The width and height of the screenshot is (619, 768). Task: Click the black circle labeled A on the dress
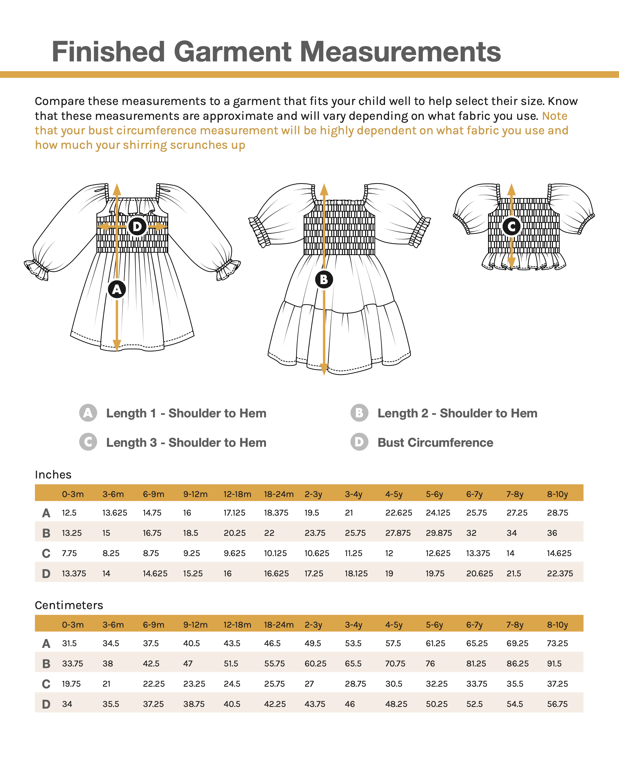[117, 289]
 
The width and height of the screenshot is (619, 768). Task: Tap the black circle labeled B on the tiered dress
[324, 279]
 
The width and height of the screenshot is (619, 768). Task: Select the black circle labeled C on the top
[511, 226]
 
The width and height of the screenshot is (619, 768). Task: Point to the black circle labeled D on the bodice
[137, 226]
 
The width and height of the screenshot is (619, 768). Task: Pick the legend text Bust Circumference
[435, 442]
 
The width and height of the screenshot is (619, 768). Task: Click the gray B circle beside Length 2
[359, 413]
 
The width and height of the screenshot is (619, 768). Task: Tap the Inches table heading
[53, 475]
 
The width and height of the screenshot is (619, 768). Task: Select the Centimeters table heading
[69, 605]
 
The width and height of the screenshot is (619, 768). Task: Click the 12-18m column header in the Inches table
[237, 494]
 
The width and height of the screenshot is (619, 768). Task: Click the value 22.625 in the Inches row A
[398, 513]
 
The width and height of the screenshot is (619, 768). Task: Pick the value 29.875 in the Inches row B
[439, 533]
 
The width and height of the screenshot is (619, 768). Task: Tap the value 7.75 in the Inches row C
[69, 553]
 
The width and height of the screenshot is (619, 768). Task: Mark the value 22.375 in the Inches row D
[560, 574]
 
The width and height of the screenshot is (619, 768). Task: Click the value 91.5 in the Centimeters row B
[554, 664]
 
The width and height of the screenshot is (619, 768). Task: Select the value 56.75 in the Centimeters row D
[557, 704]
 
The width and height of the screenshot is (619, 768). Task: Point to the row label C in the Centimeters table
[46, 684]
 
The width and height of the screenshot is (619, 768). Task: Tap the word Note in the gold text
[555, 116]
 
